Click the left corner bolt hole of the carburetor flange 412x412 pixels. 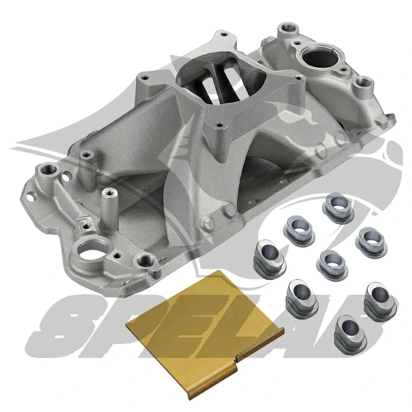(x=144, y=77)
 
